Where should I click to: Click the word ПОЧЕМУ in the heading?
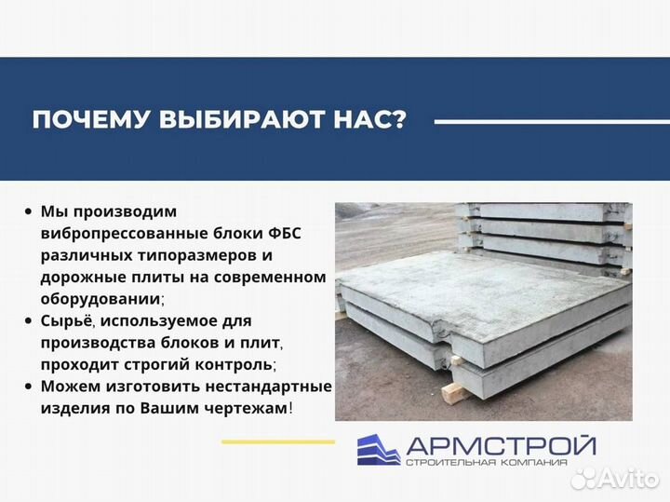[82, 122]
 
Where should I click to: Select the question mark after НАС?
[399, 122]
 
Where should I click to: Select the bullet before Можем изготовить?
[30, 386]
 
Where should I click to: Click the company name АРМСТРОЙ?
[501, 445]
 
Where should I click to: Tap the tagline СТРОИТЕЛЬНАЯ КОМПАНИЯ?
[501, 463]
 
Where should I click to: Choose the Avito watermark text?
[623, 478]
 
